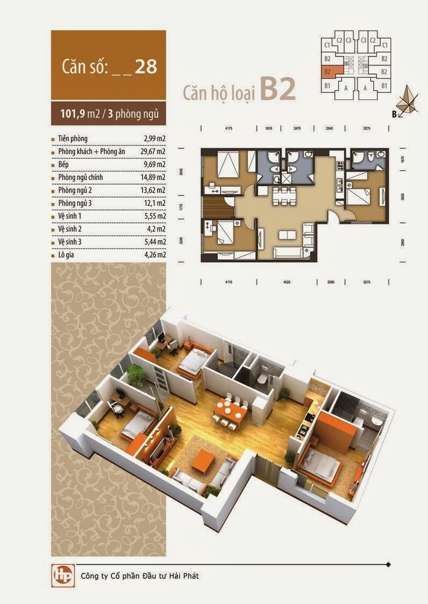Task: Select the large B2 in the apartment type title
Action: pyautogui.click(x=278, y=89)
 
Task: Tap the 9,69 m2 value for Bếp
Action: pyautogui.click(x=154, y=165)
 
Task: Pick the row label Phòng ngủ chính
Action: pyautogui.click(x=81, y=177)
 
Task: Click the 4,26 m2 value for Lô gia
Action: pyautogui.click(x=154, y=255)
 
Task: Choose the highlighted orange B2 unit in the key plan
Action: pyautogui.click(x=329, y=71)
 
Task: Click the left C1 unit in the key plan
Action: pyautogui.click(x=327, y=46)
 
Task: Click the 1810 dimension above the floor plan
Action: pyautogui.click(x=269, y=128)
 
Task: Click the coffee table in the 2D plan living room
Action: pyautogui.click(x=286, y=235)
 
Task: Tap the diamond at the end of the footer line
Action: pyautogui.click(x=388, y=565)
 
